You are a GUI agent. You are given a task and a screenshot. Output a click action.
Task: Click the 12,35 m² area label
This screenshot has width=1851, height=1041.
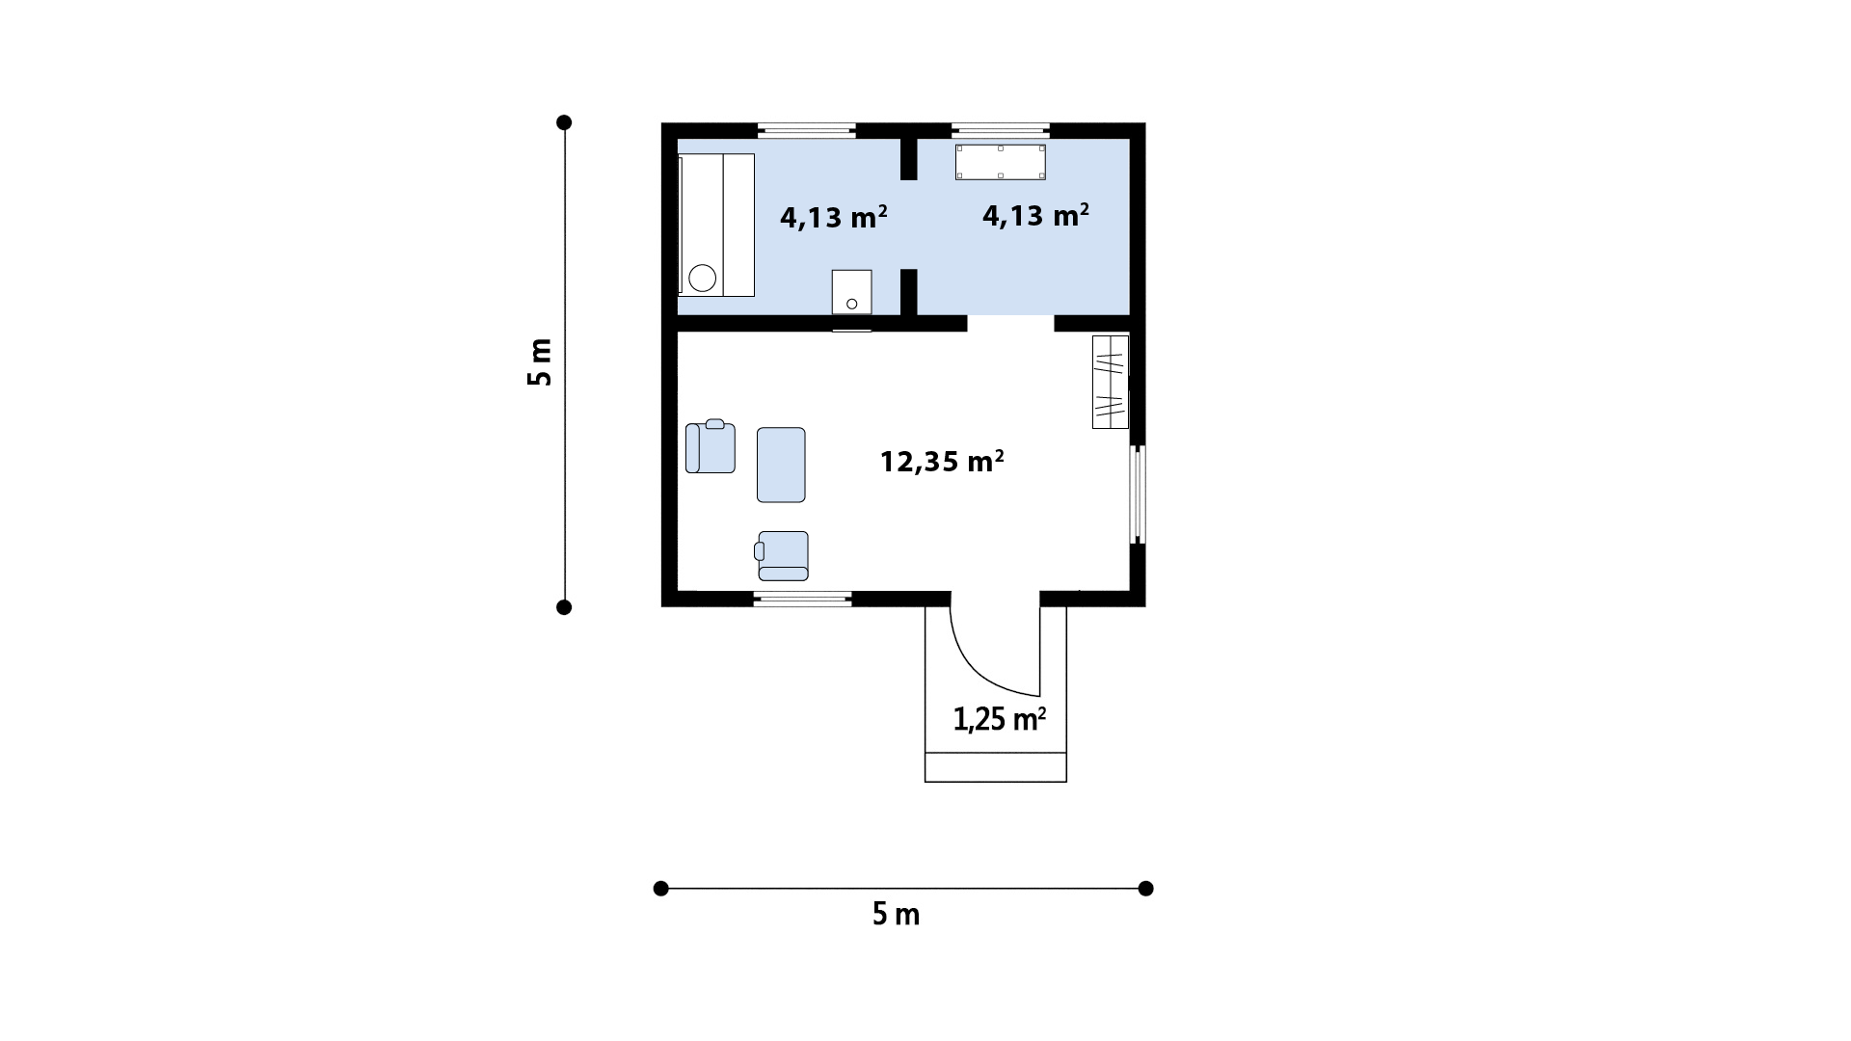tap(942, 462)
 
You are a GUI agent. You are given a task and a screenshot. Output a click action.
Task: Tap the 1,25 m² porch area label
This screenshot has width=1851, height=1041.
tap(1000, 719)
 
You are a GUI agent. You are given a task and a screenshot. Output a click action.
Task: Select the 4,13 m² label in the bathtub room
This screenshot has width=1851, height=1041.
tap(833, 217)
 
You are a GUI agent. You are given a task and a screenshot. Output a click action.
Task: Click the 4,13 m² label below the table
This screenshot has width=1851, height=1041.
tap(1035, 215)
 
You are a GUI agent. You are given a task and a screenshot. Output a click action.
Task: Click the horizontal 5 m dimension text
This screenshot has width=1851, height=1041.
tap(897, 914)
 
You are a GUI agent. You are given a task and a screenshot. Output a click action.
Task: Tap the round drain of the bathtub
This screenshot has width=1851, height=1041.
tap(703, 279)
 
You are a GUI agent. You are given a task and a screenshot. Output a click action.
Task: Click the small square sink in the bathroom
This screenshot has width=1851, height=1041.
tap(852, 292)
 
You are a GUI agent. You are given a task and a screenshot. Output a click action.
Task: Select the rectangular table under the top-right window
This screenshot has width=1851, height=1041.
tap(1001, 162)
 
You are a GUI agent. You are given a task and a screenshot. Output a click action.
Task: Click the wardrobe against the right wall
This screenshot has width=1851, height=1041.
tap(1110, 382)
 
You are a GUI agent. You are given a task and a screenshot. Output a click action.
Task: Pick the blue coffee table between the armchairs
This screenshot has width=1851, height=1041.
tap(781, 465)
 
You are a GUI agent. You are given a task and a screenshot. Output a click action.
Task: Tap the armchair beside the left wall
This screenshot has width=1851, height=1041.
tap(711, 447)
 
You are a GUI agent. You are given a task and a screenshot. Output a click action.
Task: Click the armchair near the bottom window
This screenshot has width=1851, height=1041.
tap(782, 556)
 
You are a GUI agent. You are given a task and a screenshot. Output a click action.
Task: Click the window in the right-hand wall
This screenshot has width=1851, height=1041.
tap(1138, 494)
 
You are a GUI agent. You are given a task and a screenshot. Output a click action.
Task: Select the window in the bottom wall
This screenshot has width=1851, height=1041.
tap(803, 599)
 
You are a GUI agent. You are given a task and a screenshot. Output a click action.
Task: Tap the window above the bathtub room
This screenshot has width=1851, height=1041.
tap(807, 130)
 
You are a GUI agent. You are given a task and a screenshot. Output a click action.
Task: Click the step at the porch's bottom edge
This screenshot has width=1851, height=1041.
tap(996, 767)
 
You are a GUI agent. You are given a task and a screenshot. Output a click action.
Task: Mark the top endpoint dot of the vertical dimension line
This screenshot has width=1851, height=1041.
tap(565, 122)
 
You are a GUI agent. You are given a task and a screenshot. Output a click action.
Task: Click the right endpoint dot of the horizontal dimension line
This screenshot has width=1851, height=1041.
tap(1145, 889)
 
